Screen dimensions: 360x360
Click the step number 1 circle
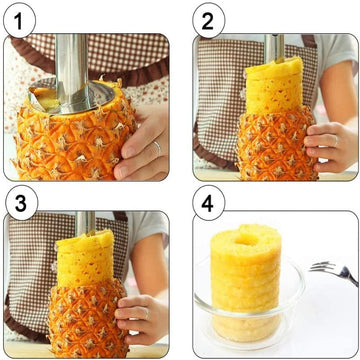[19, 20]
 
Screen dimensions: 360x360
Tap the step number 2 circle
[209, 21]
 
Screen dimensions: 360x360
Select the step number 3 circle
[21, 203]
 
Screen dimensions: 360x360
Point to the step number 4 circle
[209, 202]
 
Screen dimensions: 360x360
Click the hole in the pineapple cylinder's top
[246, 238]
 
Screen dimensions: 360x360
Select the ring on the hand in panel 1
[157, 147]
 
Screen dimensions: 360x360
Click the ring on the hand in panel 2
[335, 140]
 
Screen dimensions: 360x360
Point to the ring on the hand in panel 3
[146, 313]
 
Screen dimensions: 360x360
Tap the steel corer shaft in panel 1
[71, 68]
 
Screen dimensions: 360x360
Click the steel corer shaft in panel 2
[275, 47]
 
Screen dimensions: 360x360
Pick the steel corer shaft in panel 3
[85, 223]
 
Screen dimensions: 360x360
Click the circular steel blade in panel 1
[72, 97]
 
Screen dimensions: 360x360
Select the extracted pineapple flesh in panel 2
[274, 86]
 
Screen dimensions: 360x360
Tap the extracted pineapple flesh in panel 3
[85, 258]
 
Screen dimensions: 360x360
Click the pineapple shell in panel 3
[88, 318]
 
